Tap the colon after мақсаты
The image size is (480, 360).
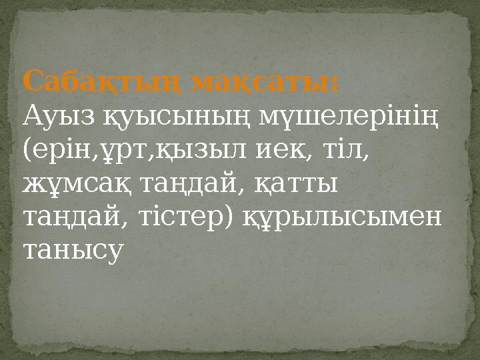point(335,85)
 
